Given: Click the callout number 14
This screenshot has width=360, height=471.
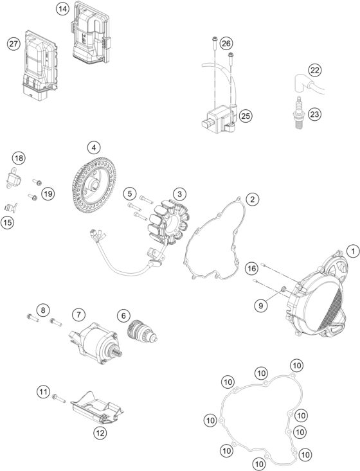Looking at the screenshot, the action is point(62,9).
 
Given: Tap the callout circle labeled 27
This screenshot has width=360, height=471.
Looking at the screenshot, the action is point(14,44).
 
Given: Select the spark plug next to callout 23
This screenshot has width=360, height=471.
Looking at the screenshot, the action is point(299,113).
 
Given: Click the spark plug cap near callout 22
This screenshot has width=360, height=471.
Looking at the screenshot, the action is point(308,85).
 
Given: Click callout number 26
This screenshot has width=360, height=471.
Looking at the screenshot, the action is point(226,44).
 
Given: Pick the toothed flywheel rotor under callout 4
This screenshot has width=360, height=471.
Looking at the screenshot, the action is point(94,185).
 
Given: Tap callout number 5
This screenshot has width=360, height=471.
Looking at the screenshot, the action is point(129,194).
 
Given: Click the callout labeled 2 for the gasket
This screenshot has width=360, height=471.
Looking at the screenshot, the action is point(252,199).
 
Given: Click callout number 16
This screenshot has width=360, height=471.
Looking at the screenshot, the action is point(251,268).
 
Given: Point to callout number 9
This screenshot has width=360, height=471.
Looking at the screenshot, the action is point(260,305).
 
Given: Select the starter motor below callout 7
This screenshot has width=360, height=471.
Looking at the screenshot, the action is point(96,342).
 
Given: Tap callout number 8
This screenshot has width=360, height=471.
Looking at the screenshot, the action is point(42,310).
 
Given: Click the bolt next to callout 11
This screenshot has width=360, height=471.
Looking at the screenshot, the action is point(59,398).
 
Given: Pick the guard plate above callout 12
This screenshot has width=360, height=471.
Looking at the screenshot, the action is point(97,409).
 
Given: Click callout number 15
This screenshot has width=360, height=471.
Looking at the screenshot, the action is point(8,222).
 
